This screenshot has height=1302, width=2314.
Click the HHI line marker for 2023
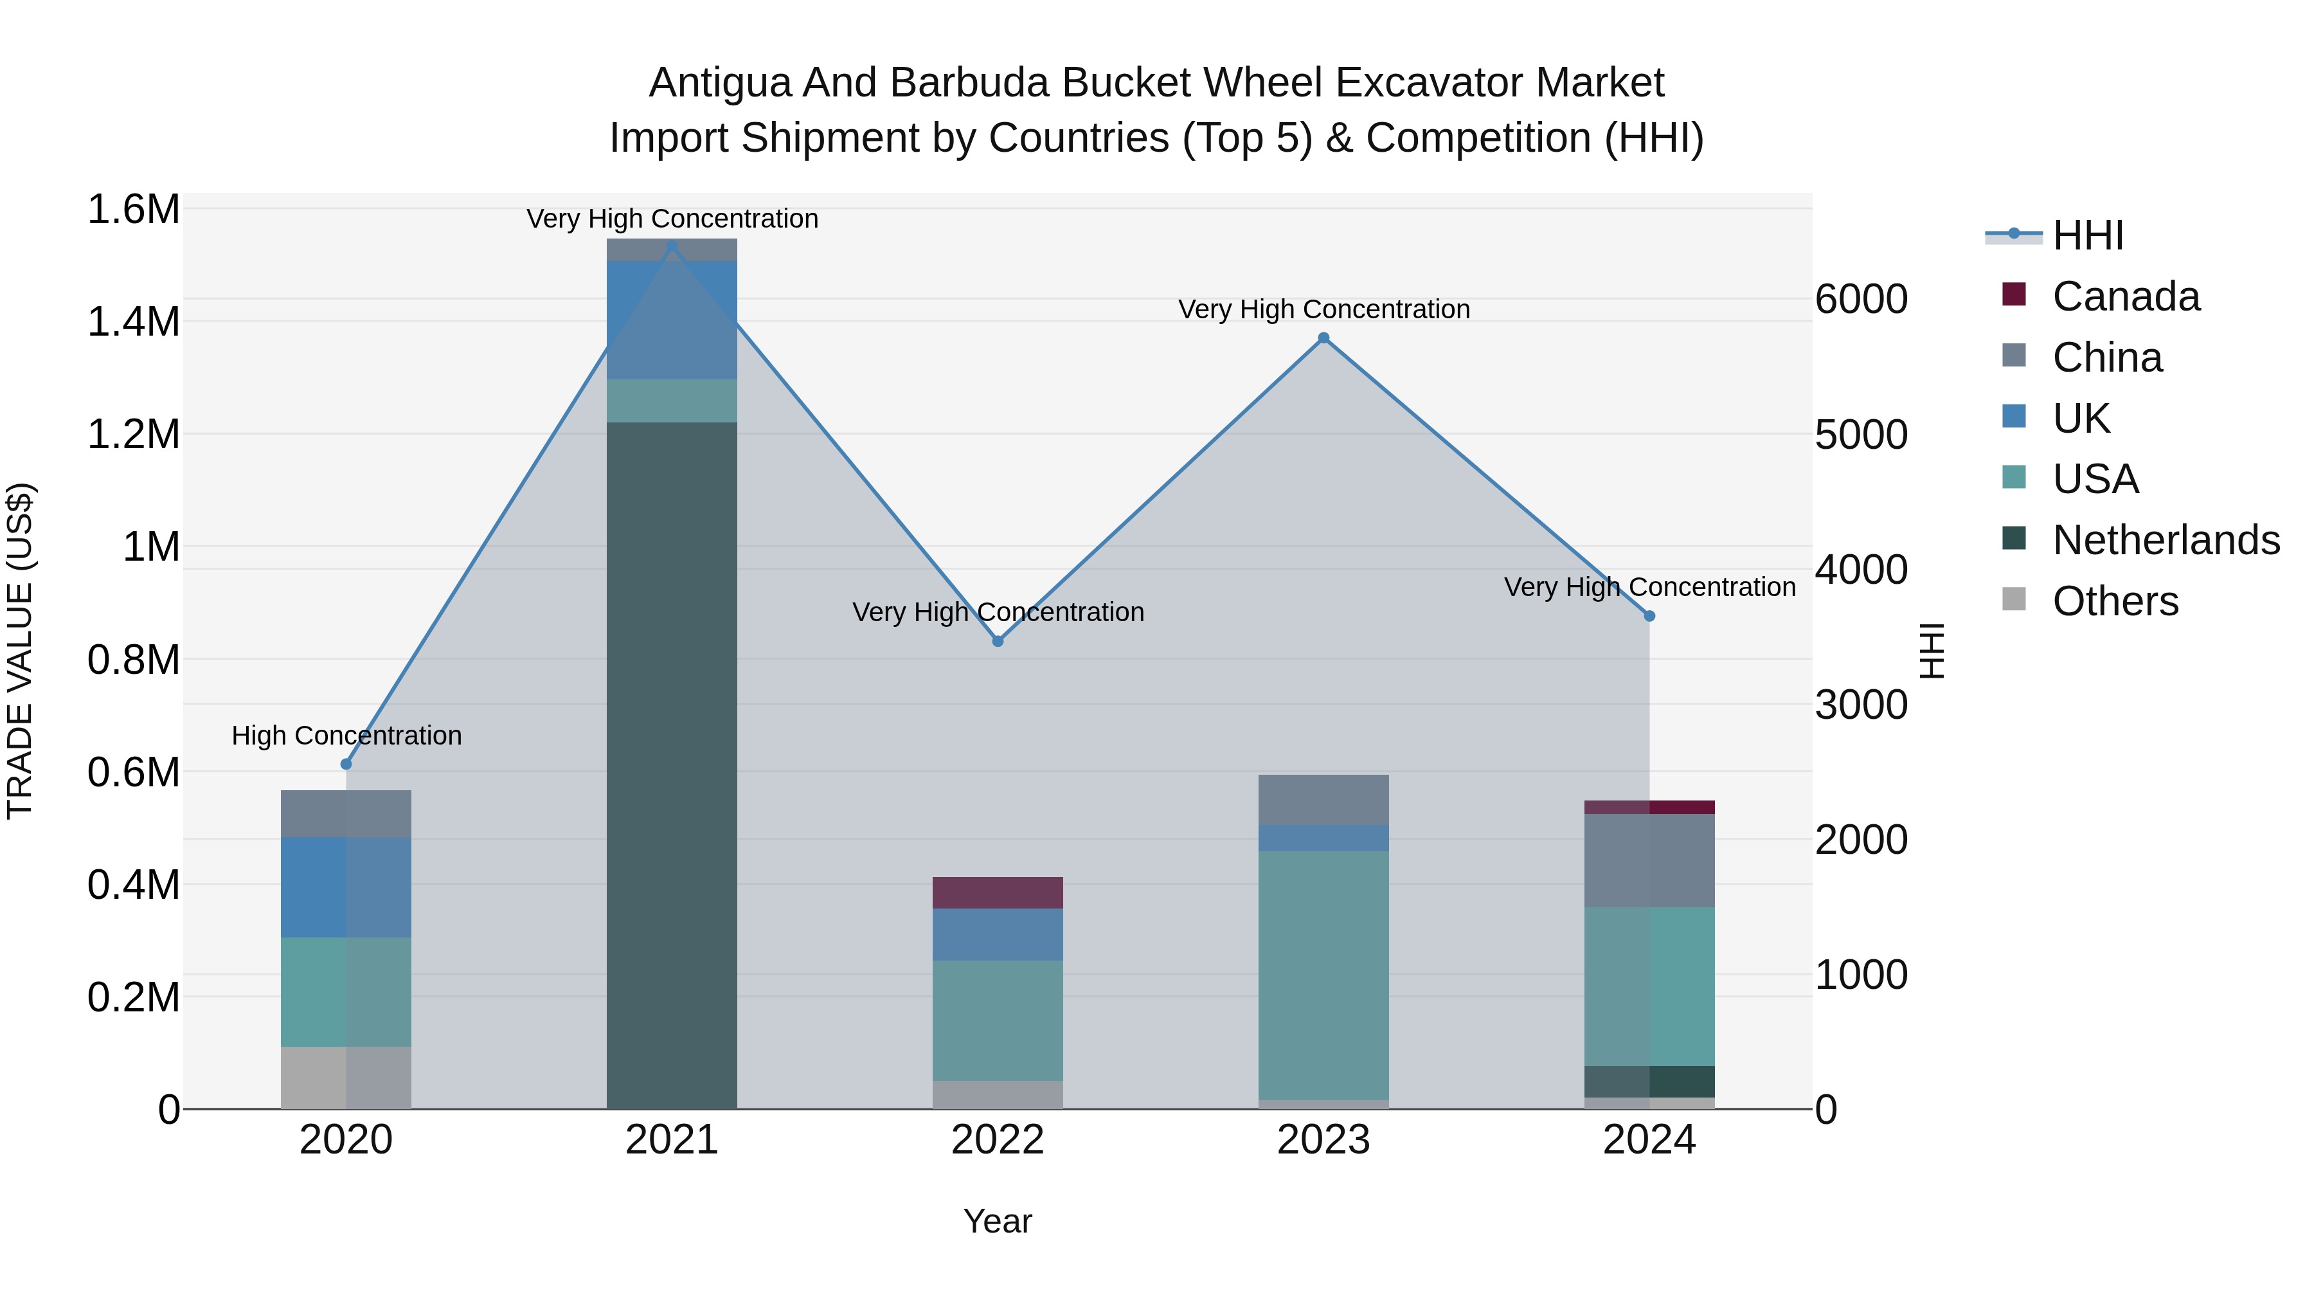(1323, 338)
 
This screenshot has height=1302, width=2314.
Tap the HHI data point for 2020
(346, 764)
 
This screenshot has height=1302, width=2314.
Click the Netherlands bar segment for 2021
(672, 764)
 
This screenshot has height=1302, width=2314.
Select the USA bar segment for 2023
(1323, 975)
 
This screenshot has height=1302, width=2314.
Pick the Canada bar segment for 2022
(997, 892)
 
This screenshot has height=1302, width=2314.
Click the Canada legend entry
(2126, 296)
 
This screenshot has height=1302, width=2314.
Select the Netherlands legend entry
(2166, 540)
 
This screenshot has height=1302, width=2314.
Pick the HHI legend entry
(2088, 235)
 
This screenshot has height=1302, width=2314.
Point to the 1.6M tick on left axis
(134, 210)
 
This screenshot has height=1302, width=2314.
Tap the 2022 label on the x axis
(997, 1140)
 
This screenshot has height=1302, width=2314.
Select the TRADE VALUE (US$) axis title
(20, 651)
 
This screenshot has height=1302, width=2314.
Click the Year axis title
(997, 1221)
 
